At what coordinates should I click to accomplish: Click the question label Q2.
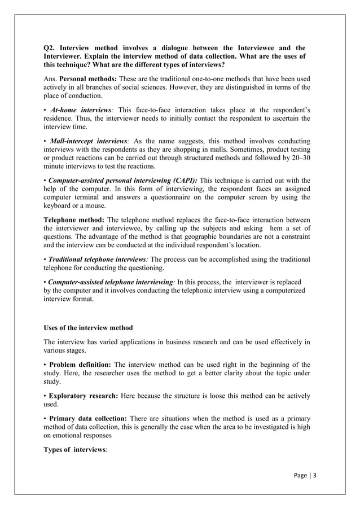pyautogui.click(x=51, y=48)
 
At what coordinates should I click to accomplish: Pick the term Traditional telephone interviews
pyautogui.click(x=98, y=259)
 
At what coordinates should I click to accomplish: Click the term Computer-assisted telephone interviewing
pyautogui.click(x=111, y=280)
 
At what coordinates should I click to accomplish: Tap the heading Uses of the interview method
pyautogui.click(x=88, y=328)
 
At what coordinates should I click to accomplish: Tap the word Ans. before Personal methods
pyautogui.click(x=51, y=78)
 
